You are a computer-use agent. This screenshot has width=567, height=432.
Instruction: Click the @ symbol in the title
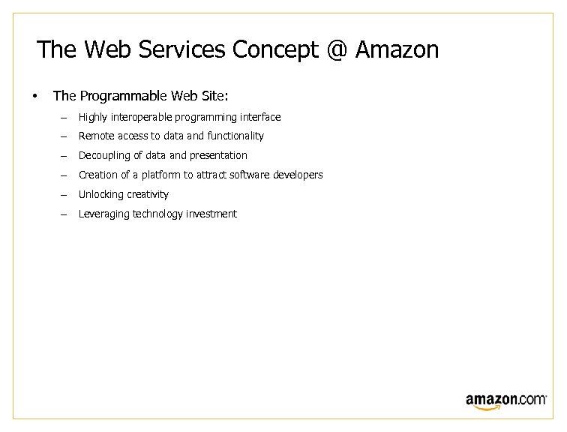pyautogui.click(x=337, y=50)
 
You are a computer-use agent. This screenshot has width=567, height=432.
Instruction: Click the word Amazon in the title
pyautogui.click(x=397, y=50)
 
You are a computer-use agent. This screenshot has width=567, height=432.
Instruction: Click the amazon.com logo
pyautogui.click(x=505, y=400)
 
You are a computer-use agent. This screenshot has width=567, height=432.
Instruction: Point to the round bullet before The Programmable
pyautogui.click(x=34, y=96)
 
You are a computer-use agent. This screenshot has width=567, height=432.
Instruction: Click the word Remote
pyautogui.click(x=94, y=136)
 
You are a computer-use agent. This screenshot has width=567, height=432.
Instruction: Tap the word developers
pyautogui.click(x=296, y=175)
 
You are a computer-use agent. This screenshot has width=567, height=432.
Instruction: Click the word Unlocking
pyautogui.click(x=100, y=195)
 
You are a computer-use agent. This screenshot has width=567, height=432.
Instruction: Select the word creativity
pyautogui.click(x=147, y=195)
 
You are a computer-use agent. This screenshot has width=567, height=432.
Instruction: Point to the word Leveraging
pyautogui.click(x=103, y=214)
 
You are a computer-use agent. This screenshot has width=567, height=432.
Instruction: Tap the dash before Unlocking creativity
pyautogui.click(x=64, y=195)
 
